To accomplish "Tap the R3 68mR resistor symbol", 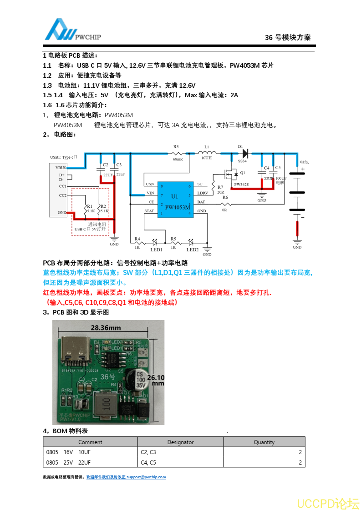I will pyautogui.click(x=178, y=153).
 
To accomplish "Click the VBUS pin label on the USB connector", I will pyautogui.click(x=61, y=168).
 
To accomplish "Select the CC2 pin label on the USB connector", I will pyautogui.click(x=62, y=195).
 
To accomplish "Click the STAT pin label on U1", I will pyautogui.click(x=149, y=211).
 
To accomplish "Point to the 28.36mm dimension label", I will pyautogui.click(x=106, y=327).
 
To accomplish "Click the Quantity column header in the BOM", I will pyautogui.click(x=264, y=442).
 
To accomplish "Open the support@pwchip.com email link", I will pyautogui.click(x=146, y=477).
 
